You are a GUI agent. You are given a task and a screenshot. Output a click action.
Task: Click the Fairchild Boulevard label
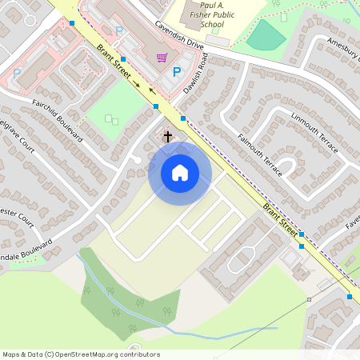58,120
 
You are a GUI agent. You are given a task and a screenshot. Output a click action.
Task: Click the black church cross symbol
168,136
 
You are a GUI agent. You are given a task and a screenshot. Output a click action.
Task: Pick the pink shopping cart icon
162,57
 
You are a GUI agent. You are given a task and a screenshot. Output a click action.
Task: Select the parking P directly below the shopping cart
177,71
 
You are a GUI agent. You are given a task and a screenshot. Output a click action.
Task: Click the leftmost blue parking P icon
17,73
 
